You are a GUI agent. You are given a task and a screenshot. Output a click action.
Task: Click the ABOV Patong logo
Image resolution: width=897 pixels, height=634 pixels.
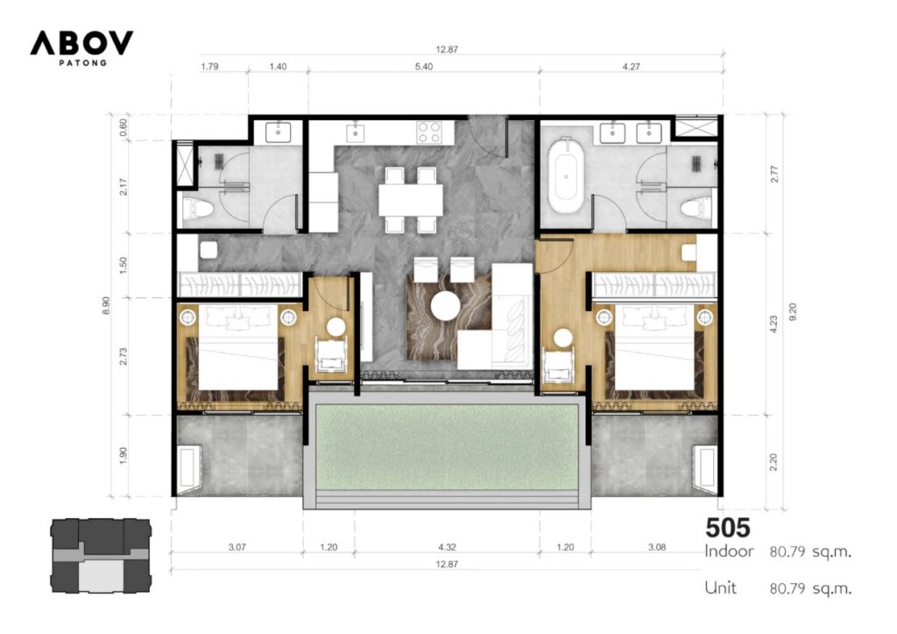coord(81,48)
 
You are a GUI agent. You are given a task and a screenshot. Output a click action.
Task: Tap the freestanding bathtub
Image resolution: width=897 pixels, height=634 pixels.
coord(565,176)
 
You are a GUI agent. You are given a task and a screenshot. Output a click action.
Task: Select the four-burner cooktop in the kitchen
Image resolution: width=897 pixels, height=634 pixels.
coord(429,132)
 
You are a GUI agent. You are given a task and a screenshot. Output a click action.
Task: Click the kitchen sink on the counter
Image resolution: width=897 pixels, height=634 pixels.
coord(356,132)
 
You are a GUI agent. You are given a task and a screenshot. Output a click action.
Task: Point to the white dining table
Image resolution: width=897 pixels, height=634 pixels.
coord(411,199)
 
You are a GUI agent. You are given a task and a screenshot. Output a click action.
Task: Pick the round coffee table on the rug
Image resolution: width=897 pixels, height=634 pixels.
coord(446,306)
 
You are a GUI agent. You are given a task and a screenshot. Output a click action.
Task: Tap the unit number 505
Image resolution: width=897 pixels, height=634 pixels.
coord(727,528)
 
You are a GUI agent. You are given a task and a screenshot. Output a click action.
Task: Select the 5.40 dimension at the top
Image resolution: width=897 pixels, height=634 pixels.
coord(423,67)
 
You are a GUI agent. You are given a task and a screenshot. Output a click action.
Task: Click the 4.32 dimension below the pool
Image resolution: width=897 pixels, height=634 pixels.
coord(447,547)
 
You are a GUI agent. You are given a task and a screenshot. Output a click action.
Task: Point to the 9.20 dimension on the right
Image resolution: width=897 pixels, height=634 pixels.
coord(792,311)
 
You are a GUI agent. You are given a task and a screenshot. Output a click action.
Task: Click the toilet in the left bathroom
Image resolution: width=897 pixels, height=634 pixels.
coord(198,209)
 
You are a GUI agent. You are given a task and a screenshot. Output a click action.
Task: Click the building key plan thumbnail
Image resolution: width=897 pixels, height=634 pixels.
coord(102,556)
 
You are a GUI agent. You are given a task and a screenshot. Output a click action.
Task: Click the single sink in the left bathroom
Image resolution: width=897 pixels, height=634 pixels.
coord(278,132)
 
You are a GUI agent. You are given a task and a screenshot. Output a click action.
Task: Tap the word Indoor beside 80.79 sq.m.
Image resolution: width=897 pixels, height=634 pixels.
coord(729,552)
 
